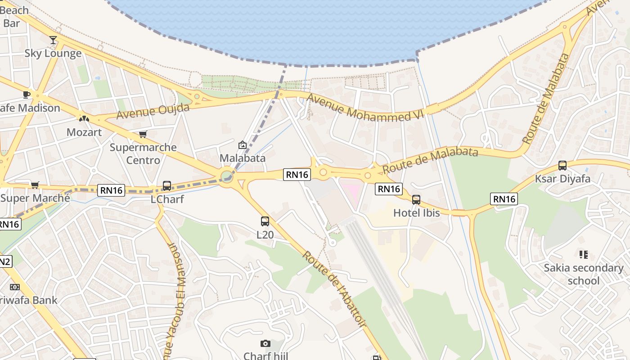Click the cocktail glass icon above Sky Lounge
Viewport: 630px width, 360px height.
click(53, 40)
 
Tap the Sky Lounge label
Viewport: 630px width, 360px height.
click(53, 54)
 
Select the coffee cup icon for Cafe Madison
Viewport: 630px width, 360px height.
click(27, 94)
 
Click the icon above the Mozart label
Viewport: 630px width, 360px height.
click(84, 119)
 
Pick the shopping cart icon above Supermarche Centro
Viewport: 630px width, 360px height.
click(143, 134)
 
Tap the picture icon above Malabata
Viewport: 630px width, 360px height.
click(243, 145)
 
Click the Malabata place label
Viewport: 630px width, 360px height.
click(243, 158)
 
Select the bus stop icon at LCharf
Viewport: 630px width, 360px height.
click(167, 185)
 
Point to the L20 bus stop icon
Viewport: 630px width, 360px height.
click(265, 221)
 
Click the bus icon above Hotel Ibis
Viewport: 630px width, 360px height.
click(416, 199)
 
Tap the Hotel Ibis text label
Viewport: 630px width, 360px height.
click(417, 213)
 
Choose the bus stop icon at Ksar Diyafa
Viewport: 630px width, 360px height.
click(562, 165)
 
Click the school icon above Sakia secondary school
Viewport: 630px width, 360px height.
click(584, 255)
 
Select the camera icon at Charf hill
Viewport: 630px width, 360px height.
click(265, 344)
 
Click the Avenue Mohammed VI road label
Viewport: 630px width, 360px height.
click(365, 108)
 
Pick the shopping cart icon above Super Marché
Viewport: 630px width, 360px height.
click(35, 185)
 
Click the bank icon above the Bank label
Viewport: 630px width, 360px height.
click(15, 287)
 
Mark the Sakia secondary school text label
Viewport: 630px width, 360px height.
click(584, 274)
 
